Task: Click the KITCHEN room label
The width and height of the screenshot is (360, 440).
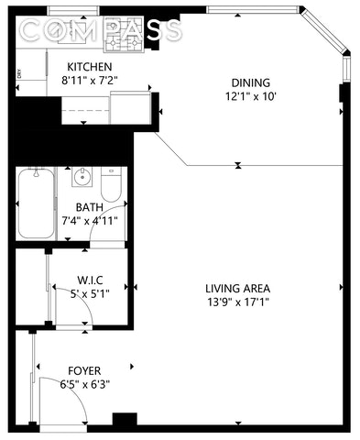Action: click(90, 67)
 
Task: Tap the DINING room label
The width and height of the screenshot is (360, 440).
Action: click(251, 82)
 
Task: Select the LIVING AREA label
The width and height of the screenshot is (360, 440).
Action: click(237, 289)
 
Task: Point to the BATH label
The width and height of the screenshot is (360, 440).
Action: click(90, 207)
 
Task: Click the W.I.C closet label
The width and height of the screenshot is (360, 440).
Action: click(90, 280)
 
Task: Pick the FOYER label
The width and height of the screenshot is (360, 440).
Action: click(84, 371)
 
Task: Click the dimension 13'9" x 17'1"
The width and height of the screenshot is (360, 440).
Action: click(238, 302)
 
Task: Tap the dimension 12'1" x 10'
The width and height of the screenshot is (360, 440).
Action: click(251, 97)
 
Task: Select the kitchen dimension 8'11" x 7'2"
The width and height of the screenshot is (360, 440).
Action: click(90, 81)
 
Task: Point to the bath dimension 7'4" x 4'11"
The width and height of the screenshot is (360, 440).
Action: click(90, 221)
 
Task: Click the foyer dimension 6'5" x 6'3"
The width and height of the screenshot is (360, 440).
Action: click(85, 384)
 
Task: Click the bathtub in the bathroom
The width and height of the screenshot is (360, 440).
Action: click(36, 203)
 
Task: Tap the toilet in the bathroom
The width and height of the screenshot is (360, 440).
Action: click(111, 184)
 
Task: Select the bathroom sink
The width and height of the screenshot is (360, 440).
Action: click(82, 177)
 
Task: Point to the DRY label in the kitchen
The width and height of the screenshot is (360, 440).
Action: click(19, 73)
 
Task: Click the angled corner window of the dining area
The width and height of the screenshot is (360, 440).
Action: click(324, 30)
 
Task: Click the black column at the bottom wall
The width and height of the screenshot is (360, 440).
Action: click(125, 419)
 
